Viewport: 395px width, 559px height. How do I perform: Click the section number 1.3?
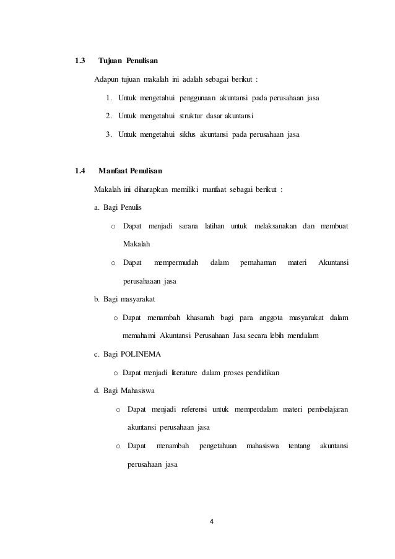click(79, 61)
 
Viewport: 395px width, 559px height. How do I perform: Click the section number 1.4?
click(79, 170)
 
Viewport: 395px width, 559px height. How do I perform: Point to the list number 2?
click(109, 115)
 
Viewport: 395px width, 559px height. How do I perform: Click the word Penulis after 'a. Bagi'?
click(131, 206)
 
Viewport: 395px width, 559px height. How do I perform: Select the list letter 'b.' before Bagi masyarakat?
click(97, 300)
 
